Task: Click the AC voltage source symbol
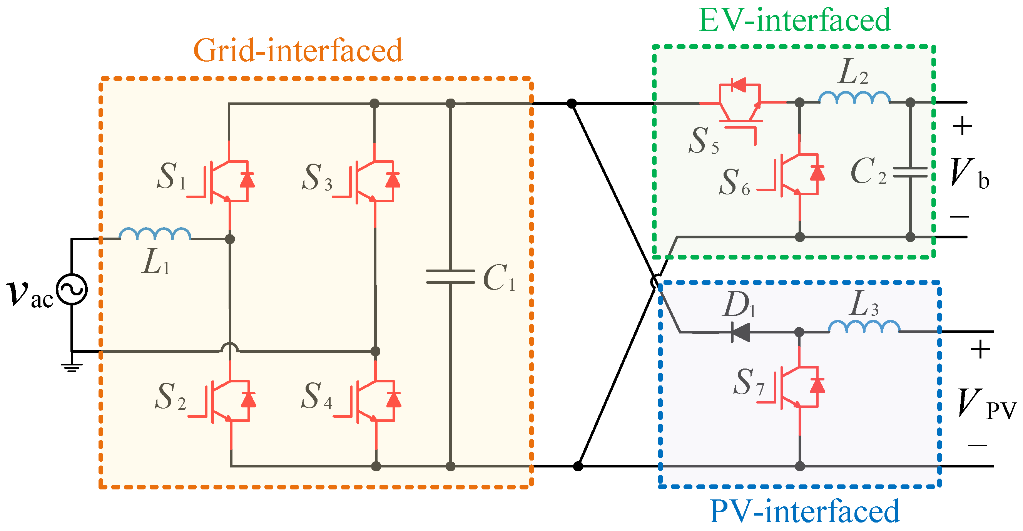tap(72, 289)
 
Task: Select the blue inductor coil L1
tap(155, 235)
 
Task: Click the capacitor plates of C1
tap(450, 276)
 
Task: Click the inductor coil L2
tap(854, 98)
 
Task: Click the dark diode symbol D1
tap(740, 332)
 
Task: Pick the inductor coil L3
tap(864, 327)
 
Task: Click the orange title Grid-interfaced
tap(298, 50)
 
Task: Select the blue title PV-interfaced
tap(804, 511)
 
